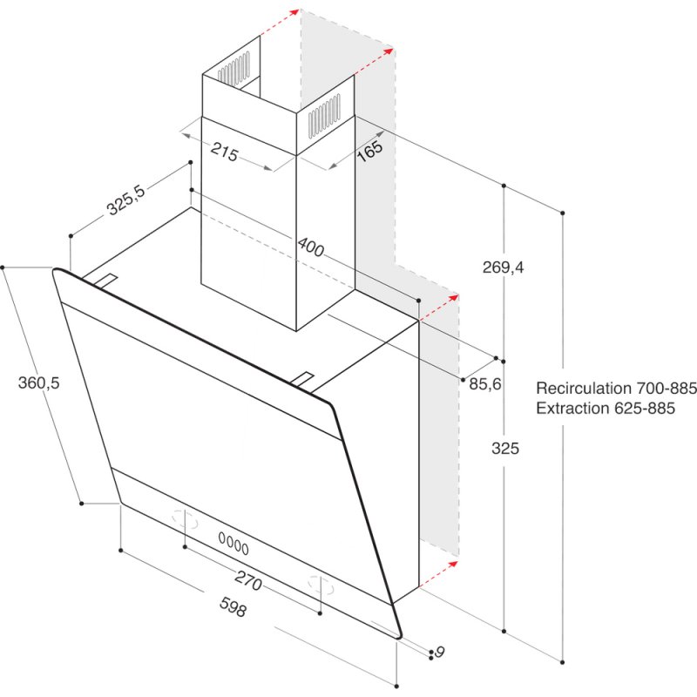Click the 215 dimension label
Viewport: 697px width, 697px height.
pos(225,154)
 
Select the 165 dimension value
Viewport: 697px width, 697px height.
pos(369,150)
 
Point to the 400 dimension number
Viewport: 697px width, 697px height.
pos(310,247)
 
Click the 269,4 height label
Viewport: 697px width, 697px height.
pos(504,267)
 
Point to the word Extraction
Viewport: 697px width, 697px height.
pos(574,408)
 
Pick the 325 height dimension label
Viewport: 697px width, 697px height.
pos(505,449)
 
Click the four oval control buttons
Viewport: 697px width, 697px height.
pos(233,545)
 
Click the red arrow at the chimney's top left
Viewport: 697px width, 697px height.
pos(280,23)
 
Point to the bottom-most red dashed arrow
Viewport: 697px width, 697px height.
pos(440,573)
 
